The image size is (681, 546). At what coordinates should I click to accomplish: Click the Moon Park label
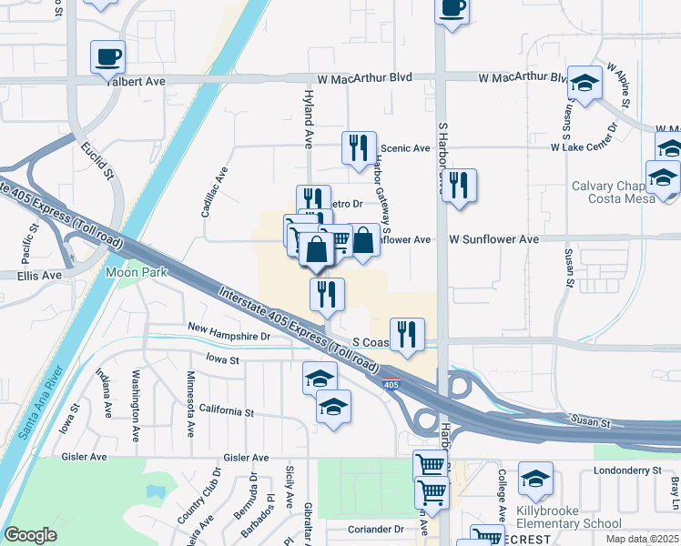(x=133, y=271)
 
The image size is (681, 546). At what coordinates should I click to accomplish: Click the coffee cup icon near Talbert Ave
(x=107, y=56)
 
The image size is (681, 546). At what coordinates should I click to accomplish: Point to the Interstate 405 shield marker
(x=391, y=385)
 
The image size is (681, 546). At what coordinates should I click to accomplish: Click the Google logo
(x=31, y=535)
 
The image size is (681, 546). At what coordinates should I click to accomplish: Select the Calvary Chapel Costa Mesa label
(x=612, y=192)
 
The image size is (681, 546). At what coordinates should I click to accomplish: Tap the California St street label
(x=220, y=412)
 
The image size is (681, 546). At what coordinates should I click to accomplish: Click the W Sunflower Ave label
(x=492, y=239)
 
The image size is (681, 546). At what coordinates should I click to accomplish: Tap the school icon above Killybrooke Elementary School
(x=535, y=477)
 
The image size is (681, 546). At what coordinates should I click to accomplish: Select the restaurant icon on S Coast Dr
(x=406, y=333)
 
